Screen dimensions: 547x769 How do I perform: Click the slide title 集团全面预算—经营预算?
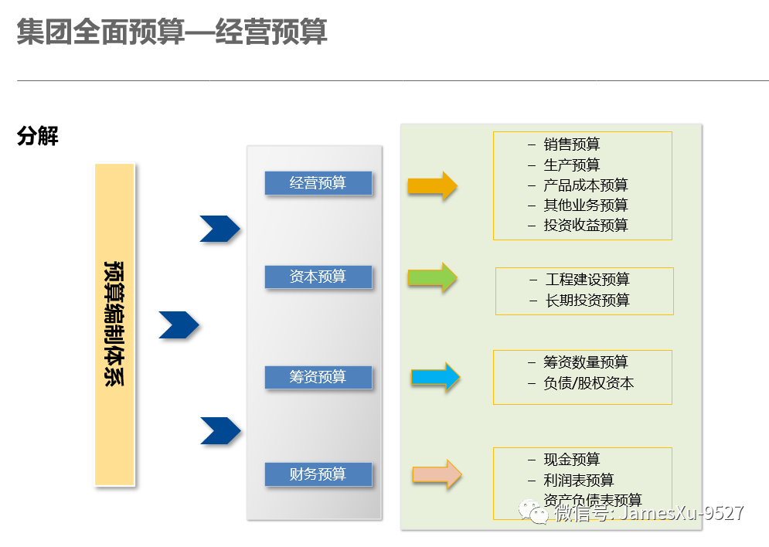(x=172, y=32)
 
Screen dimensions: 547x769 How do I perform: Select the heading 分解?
(x=38, y=137)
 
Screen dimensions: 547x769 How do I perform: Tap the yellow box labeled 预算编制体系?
(x=115, y=324)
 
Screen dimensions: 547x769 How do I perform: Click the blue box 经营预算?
(x=318, y=183)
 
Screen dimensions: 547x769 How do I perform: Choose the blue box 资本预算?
(x=318, y=277)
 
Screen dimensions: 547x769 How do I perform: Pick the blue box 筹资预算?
(x=318, y=377)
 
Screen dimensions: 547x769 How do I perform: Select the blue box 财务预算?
(x=318, y=474)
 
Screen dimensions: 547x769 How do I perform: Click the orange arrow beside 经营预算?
(x=433, y=186)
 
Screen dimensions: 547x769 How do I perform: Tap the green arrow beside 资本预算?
(x=433, y=277)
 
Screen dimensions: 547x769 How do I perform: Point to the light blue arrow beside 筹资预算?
(x=435, y=377)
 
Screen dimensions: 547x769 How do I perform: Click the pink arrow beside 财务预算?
(x=437, y=474)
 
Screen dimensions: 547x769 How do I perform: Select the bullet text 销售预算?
(x=571, y=144)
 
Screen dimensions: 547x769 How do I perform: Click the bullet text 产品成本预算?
(x=585, y=185)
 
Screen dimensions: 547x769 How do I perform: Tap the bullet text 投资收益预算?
(x=585, y=226)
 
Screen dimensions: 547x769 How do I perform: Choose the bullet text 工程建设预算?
(x=587, y=280)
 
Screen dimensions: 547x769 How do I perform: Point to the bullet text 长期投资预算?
(x=587, y=301)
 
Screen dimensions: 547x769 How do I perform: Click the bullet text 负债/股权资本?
(x=588, y=383)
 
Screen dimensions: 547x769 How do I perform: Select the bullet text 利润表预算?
(x=578, y=481)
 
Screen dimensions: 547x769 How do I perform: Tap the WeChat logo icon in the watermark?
(x=533, y=511)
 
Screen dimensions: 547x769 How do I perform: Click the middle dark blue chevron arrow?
(x=179, y=325)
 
